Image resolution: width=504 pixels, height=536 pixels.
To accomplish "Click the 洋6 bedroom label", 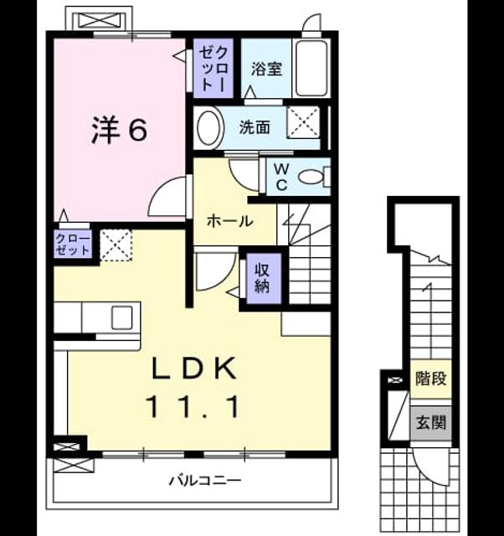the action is tap(120, 130).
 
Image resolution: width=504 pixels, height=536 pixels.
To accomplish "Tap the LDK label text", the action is tap(194, 368).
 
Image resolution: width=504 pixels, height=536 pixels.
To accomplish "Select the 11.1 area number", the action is tap(193, 406).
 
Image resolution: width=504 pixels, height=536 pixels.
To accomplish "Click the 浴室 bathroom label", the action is tap(266, 69).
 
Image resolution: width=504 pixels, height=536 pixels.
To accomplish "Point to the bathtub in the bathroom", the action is tap(311, 69).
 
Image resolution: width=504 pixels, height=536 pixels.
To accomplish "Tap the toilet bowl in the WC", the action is tap(311, 177).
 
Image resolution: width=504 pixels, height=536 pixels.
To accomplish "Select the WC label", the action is tap(281, 177).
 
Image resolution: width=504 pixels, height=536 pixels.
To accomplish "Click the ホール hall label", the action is tap(230, 221).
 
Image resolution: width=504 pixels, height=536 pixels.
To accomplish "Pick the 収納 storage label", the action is tap(262, 278).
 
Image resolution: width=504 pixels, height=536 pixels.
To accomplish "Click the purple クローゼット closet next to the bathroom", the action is tap(213, 69).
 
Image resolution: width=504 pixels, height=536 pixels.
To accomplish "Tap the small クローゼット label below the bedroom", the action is tap(73, 245).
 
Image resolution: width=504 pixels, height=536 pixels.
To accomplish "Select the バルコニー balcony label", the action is tap(205, 481).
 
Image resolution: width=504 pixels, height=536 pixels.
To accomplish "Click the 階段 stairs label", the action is tap(431, 379).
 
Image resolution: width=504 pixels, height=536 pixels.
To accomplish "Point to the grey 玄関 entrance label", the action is tap(431, 423).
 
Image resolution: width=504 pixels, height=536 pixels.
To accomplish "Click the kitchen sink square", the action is tap(122, 317).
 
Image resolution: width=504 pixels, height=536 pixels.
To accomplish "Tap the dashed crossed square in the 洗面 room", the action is tap(303, 122).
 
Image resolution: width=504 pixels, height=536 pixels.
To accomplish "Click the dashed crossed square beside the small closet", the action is tap(116, 245).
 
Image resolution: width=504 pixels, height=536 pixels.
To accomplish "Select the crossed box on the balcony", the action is tap(74, 466).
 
